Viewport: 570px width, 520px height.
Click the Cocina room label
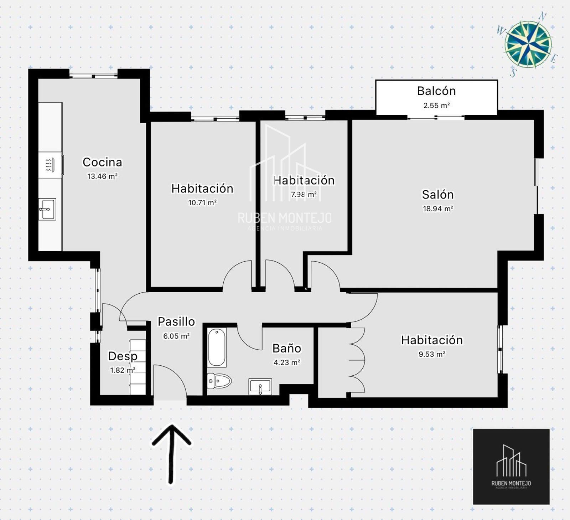pyautogui.click(x=102, y=162)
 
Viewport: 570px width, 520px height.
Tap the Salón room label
pyautogui.click(x=438, y=195)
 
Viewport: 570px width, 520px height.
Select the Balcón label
pyautogui.click(x=436, y=91)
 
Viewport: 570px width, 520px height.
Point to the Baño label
pyautogui.click(x=287, y=348)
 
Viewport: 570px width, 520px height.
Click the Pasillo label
pyautogui.click(x=176, y=321)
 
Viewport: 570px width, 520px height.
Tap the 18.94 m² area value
pyautogui.click(x=438, y=209)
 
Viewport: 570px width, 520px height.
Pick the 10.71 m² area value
pyautogui.click(x=202, y=203)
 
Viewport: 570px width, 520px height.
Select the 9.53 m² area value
pyautogui.click(x=432, y=354)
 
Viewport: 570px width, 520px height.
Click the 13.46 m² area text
pyautogui.click(x=102, y=176)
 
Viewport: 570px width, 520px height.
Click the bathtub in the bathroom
pyautogui.click(x=217, y=347)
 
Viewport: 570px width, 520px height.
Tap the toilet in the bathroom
pyautogui.click(x=219, y=381)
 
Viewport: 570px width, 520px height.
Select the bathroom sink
pyautogui.click(x=260, y=387)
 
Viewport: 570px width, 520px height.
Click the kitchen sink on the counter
pyautogui.click(x=47, y=209)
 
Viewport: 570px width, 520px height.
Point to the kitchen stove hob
pyautogui.click(x=50, y=165)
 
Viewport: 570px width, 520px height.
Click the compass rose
pyautogui.click(x=528, y=44)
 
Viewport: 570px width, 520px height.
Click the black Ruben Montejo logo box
pyautogui.click(x=511, y=467)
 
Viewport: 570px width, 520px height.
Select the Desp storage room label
pyautogui.click(x=123, y=356)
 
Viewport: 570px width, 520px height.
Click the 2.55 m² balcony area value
pyautogui.click(x=436, y=105)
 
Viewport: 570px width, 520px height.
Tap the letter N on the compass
pyautogui.click(x=543, y=16)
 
